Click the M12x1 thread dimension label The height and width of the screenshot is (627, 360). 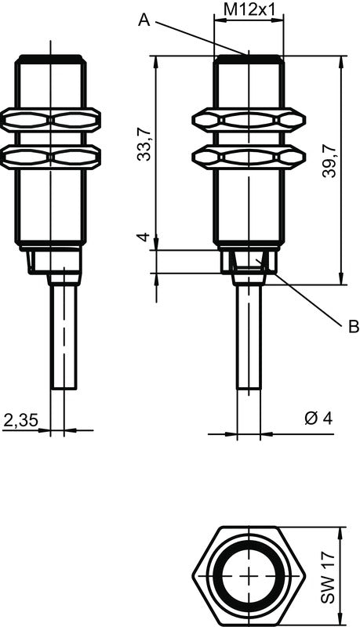click(x=249, y=9)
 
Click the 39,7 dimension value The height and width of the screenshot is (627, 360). click(x=329, y=161)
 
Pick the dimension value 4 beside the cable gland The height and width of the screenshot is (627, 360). click(x=144, y=237)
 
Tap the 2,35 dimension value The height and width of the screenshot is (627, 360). click(x=20, y=420)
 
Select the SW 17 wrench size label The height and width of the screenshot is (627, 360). click(x=329, y=576)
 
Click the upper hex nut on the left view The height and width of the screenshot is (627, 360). click(x=50, y=120)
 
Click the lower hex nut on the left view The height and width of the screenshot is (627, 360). click(x=50, y=157)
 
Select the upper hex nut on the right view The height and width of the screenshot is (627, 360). click(x=249, y=120)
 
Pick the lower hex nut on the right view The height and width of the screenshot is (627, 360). click(x=249, y=157)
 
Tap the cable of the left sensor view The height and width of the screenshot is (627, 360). click(x=64, y=337)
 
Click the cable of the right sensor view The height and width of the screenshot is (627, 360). click(x=249, y=337)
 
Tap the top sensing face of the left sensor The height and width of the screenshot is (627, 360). click(x=50, y=58)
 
